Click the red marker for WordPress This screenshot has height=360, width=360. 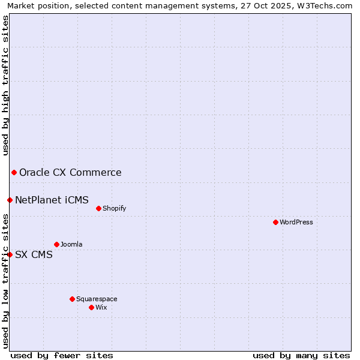tap(275, 222)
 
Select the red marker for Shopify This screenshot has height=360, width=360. tap(98, 208)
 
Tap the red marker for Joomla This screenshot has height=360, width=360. tap(56, 244)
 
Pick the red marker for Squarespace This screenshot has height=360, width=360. tap(72, 299)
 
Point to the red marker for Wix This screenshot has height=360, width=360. tap(91, 307)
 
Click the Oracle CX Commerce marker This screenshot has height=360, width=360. tap(14, 173)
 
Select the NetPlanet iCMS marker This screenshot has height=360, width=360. tap(10, 200)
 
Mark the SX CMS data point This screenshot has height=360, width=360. tap(10, 254)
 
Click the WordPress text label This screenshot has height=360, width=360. tap(296, 222)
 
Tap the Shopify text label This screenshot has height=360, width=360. tap(114, 208)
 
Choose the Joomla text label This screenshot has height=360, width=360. tap(71, 244)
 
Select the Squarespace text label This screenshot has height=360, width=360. tap(97, 299)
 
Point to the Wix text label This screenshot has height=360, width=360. tap(101, 307)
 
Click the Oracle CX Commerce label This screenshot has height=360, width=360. tap(70, 173)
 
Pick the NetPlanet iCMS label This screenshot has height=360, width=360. tap(52, 200)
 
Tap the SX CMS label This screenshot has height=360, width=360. tap(34, 254)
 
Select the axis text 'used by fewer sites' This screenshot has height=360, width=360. tap(62, 355)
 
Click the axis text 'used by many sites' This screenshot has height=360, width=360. tap(301, 355)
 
